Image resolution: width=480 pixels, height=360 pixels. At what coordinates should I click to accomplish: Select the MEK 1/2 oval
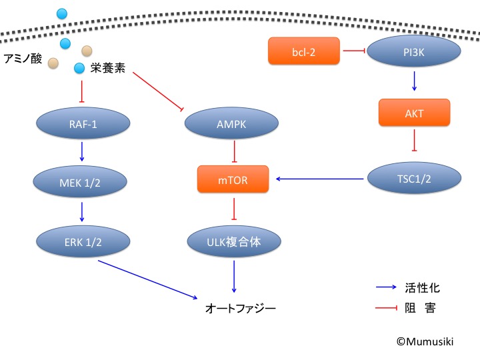[81, 181]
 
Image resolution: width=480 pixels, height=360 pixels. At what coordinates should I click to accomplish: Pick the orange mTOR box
[233, 179]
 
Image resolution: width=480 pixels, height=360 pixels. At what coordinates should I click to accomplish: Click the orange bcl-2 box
[305, 51]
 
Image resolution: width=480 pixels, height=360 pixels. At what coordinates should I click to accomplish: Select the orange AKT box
[415, 114]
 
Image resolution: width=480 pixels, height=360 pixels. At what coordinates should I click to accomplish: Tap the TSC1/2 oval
[414, 178]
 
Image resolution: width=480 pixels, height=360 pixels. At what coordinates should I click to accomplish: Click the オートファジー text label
[240, 308]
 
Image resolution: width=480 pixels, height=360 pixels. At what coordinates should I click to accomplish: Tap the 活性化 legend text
[422, 288]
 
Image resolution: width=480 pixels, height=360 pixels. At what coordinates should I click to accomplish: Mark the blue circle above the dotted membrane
[62, 13]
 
